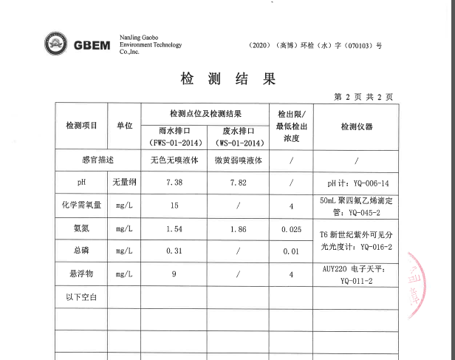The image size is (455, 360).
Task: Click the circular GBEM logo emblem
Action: [55, 44]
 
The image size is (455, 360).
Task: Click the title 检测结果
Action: [227, 78]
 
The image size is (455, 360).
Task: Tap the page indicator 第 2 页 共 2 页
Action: [363, 97]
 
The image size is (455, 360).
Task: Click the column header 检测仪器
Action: [357, 126]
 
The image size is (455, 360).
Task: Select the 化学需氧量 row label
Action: [81, 205]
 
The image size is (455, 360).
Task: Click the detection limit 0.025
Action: [292, 230]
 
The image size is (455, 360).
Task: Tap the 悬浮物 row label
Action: [81, 274]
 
